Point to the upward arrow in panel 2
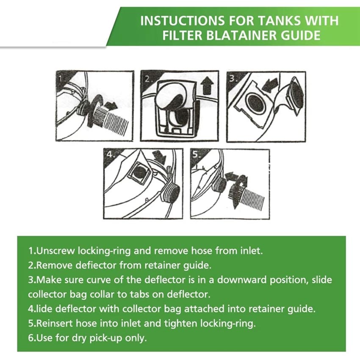pos(208,86)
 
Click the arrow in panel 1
pos(111,105)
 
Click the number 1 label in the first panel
pos(61,78)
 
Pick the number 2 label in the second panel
pos(148,79)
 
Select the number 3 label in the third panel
pos(233,78)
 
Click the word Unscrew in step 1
pos(55,250)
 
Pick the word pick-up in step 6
pos(106,338)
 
